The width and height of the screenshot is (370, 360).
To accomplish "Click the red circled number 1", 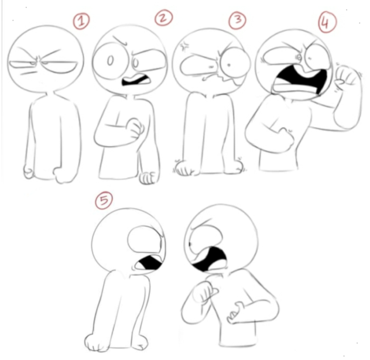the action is click(x=81, y=21).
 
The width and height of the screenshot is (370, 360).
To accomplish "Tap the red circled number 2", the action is click(x=163, y=18).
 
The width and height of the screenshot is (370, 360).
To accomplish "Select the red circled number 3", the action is click(x=237, y=20).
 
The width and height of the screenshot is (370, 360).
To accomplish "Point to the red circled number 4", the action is click(x=327, y=22).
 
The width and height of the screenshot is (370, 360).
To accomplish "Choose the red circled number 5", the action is click(x=104, y=201).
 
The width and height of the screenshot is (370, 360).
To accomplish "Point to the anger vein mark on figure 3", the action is click(x=184, y=47).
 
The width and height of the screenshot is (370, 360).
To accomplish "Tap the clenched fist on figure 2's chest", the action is click(x=135, y=128).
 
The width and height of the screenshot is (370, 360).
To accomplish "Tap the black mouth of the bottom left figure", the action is click(x=150, y=263).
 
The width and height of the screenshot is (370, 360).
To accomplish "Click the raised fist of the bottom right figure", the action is click(x=205, y=292).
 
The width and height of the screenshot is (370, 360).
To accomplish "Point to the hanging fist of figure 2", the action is click(x=148, y=178).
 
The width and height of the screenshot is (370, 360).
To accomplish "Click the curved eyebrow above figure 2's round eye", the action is click(x=120, y=40).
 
